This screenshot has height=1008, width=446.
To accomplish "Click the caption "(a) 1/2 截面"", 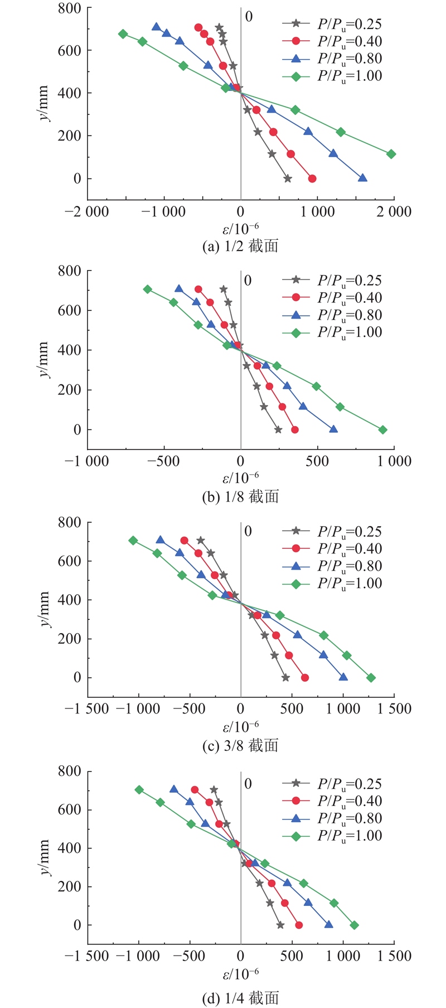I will (240, 246).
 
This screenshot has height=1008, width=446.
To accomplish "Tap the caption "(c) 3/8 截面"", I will (240, 745).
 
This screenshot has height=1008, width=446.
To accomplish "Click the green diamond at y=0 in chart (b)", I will (383, 430).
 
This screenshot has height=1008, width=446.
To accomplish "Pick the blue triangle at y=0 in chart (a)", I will (362, 179).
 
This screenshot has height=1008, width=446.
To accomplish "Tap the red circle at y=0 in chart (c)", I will (305, 678).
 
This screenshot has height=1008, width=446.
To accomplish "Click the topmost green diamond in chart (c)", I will (133, 541).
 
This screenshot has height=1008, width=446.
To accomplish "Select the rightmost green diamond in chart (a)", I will (391, 154).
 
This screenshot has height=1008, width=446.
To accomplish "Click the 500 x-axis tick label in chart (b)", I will (317, 461).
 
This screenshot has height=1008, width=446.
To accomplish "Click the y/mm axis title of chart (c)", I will (45, 600).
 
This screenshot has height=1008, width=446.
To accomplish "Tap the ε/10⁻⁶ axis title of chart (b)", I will (240, 478).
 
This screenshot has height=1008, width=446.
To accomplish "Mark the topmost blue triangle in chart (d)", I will (174, 789).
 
